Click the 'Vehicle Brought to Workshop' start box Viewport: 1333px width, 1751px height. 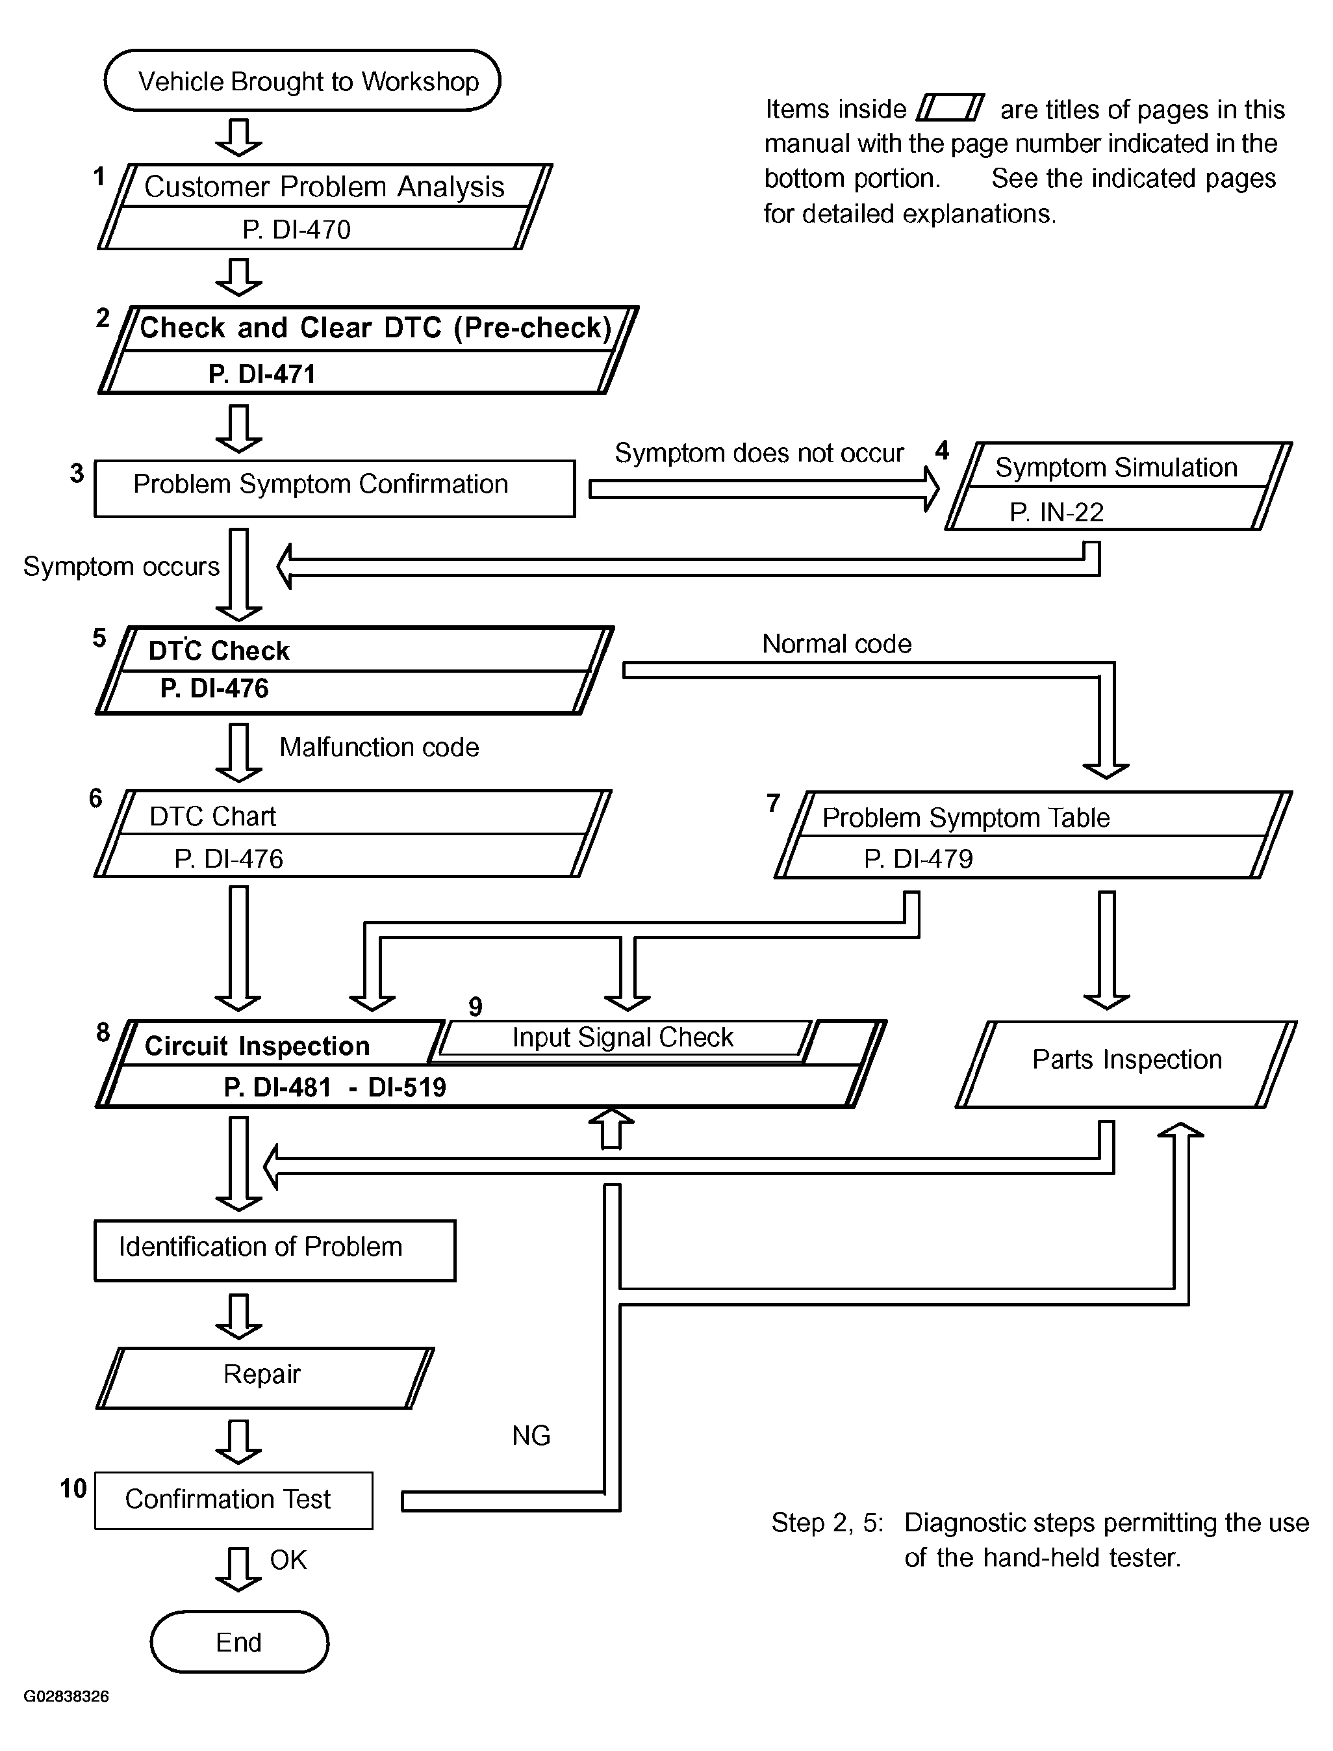pos(302,80)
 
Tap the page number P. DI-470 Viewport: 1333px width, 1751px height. pos(297,229)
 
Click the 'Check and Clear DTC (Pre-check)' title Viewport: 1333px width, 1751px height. pos(376,327)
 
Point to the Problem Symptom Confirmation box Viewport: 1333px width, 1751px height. pos(334,488)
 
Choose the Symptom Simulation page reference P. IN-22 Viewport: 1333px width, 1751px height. pos(1057,512)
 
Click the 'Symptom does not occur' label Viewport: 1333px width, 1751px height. pos(759,453)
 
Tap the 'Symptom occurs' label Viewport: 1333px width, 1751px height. pos(121,567)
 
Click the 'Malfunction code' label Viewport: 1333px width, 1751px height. pos(379,747)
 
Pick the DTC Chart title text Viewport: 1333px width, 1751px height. pos(212,816)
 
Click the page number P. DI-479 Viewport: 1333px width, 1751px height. pos(919,858)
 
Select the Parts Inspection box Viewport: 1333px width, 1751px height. pos(1126,1063)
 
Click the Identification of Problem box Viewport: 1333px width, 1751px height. pos(275,1250)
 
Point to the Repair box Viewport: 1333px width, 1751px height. pos(265,1378)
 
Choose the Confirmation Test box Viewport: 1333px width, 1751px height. pos(233,1500)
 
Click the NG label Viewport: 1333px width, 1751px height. pos(531,1436)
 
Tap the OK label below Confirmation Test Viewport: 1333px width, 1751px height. pos(288,1561)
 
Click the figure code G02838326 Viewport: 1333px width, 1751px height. pos(67,1697)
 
